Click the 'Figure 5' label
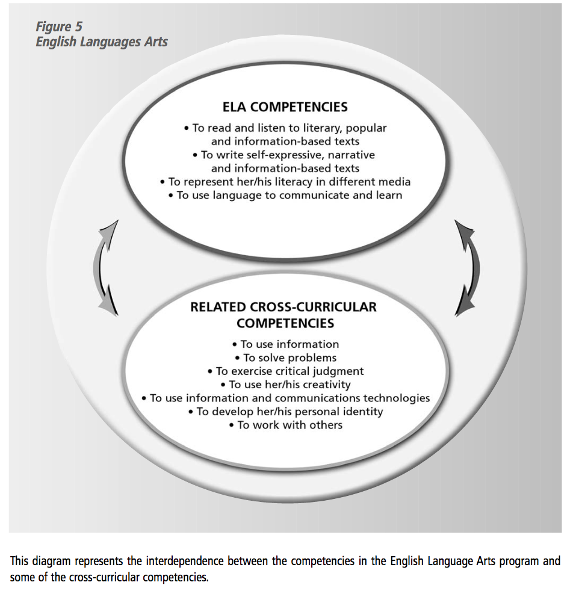tap(59, 26)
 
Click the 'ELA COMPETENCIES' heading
tap(285, 107)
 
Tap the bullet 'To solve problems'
tap(285, 357)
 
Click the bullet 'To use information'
tap(285, 344)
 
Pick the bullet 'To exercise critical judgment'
tap(285, 371)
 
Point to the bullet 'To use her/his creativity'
tap(285, 385)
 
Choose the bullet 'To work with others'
tap(285, 425)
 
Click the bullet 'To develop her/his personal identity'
tap(285, 412)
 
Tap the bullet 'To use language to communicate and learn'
tap(285, 195)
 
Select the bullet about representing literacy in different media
tap(285, 181)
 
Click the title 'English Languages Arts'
tap(102, 42)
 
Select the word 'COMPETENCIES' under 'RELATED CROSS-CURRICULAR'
tap(285, 323)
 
